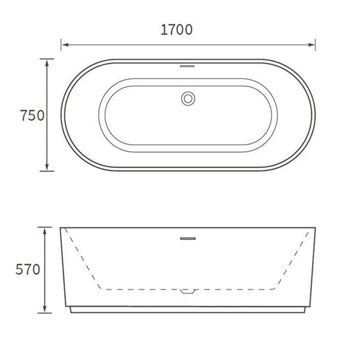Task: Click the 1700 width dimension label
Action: [176, 29]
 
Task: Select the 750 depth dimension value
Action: [32, 115]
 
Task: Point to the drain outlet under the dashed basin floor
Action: [188, 292]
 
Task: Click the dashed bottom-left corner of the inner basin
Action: [105, 289]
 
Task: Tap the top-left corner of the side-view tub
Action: [60, 228]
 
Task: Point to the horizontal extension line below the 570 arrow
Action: [46, 313]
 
